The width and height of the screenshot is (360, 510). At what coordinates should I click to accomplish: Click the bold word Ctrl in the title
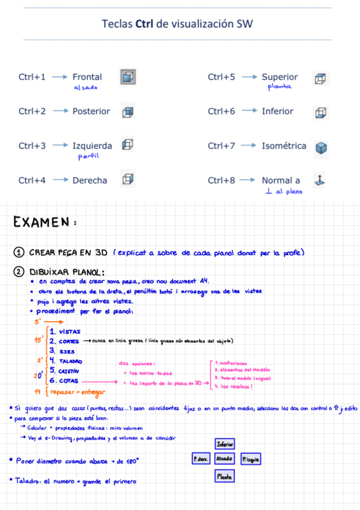[x=144, y=24]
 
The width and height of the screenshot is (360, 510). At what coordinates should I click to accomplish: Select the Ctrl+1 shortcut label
[x=32, y=77]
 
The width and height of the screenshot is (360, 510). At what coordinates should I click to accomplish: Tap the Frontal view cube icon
[x=127, y=77]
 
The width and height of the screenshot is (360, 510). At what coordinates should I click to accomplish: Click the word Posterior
[x=91, y=111]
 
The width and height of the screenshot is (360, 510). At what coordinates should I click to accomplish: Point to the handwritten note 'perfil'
[x=88, y=157]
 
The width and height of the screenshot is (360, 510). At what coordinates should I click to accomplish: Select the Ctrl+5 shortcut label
[x=221, y=77]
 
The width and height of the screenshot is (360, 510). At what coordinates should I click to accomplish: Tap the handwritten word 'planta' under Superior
[x=279, y=87]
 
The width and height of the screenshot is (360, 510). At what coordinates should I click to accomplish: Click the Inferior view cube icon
[x=322, y=112]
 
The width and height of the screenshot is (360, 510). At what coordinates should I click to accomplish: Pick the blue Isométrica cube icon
[x=322, y=147]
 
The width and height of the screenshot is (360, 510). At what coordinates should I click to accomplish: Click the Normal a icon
[x=320, y=179]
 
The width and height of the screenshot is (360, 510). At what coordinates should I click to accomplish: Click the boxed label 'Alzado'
[x=224, y=459]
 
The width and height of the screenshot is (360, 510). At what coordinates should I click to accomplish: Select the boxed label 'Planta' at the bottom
[x=224, y=476]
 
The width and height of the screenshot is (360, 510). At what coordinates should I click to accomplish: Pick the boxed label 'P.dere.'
[x=200, y=459]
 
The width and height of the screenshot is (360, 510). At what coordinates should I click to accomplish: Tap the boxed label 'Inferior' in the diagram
[x=224, y=444]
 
